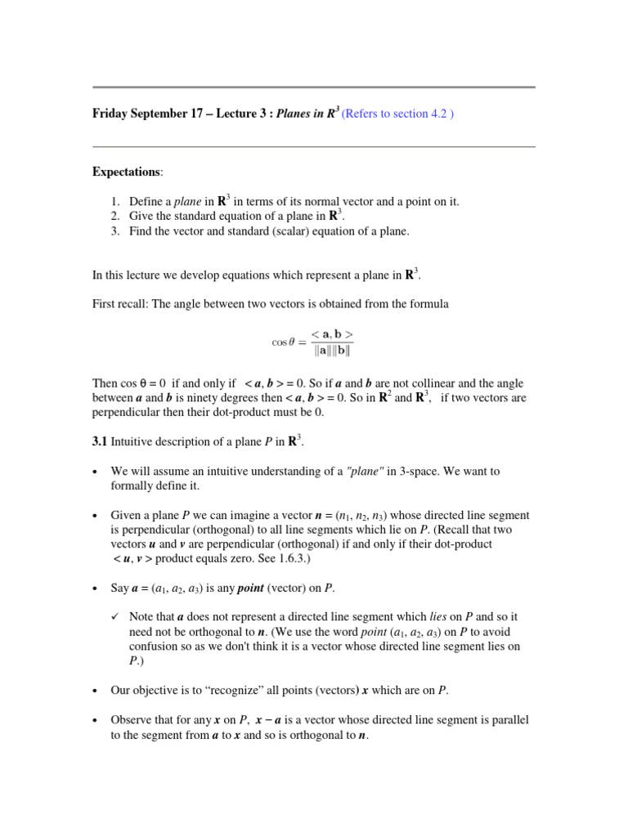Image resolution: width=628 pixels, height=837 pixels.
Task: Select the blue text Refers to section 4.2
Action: [397, 114]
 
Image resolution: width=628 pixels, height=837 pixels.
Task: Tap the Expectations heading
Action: [127, 172]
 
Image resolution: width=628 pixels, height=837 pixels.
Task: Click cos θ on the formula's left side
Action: [283, 342]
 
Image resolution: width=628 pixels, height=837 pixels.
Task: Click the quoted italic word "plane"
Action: [366, 472]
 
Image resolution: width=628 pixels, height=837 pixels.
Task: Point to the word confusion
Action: [156, 647]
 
